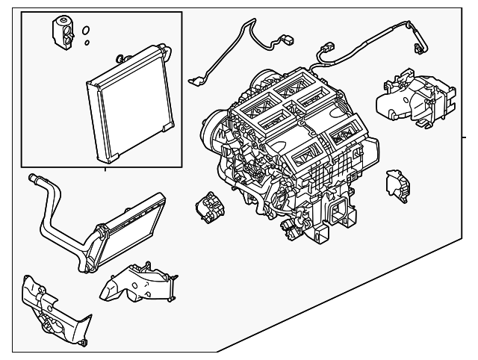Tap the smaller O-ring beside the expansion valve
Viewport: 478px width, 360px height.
pos(88,43)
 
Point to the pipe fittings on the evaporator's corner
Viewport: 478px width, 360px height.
pos(120,58)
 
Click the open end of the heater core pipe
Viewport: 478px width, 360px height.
pos(33,178)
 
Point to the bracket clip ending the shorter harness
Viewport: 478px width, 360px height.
pos(196,80)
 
